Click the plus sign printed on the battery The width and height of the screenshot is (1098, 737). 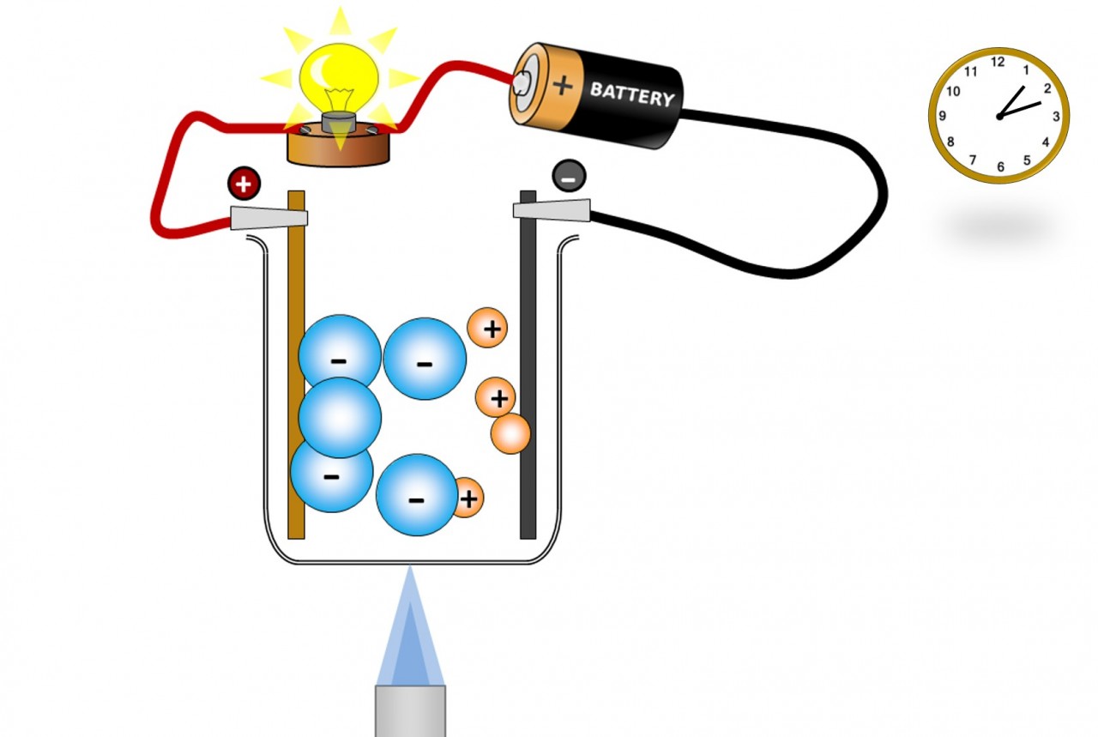coord(563,84)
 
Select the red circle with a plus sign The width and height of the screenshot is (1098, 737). coord(244,183)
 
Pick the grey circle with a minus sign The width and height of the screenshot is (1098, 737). coord(569,176)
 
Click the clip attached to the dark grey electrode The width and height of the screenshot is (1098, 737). coord(552,209)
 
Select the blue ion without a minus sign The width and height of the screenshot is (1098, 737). coord(340,417)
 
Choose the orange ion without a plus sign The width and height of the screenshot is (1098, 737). coord(510,434)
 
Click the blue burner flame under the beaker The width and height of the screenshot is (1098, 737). coord(411,631)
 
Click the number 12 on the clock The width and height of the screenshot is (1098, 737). coord(998,62)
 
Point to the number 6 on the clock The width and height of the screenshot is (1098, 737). coord(1000,167)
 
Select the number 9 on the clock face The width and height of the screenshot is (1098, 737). coord(943,116)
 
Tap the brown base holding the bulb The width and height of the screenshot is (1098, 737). coord(338,148)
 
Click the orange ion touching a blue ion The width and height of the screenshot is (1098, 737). coord(468,498)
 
